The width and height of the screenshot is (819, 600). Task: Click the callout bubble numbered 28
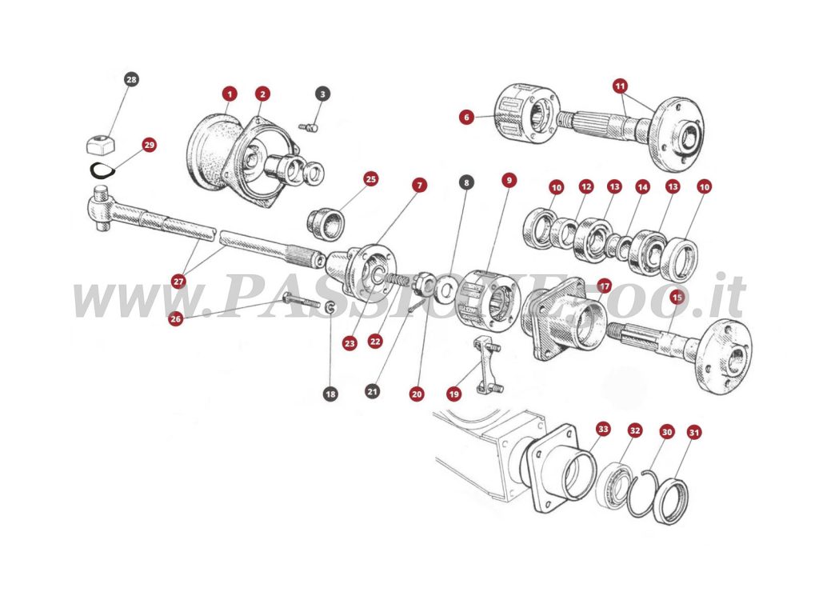[131, 79]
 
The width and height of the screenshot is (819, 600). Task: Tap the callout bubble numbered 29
[149, 145]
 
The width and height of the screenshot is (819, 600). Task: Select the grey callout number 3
[322, 94]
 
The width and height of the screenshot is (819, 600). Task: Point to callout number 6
[466, 117]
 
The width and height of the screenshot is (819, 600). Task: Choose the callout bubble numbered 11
[621, 85]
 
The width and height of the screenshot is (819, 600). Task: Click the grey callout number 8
[465, 182]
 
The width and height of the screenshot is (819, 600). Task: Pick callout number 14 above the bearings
[641, 187]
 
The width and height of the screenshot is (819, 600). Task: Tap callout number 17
[604, 286]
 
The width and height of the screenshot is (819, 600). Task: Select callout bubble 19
[454, 394]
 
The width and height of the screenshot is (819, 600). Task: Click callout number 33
[602, 430]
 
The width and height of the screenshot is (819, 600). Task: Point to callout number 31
[694, 433]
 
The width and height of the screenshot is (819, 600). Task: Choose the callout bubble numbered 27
[178, 281]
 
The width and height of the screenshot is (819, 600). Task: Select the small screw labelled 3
[308, 125]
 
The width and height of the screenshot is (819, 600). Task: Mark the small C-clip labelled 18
[330, 306]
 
